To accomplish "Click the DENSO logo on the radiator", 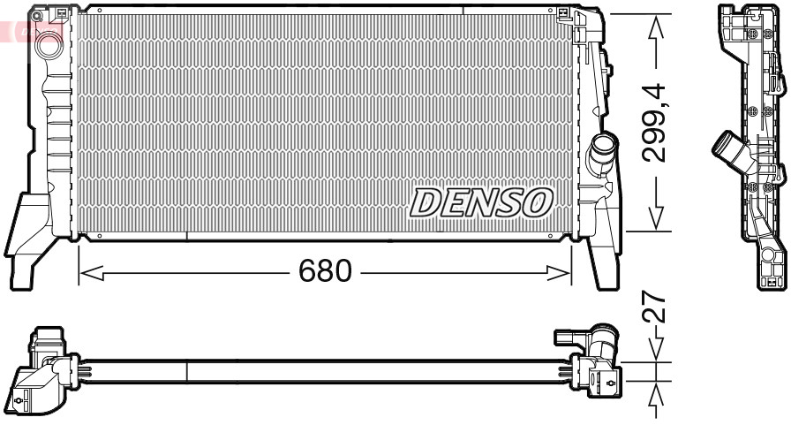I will (481, 203).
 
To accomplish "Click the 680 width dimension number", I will (325, 270).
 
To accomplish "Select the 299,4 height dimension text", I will (654, 123).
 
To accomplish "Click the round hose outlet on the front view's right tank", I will (604, 145).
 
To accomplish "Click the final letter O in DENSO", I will (537, 203).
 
